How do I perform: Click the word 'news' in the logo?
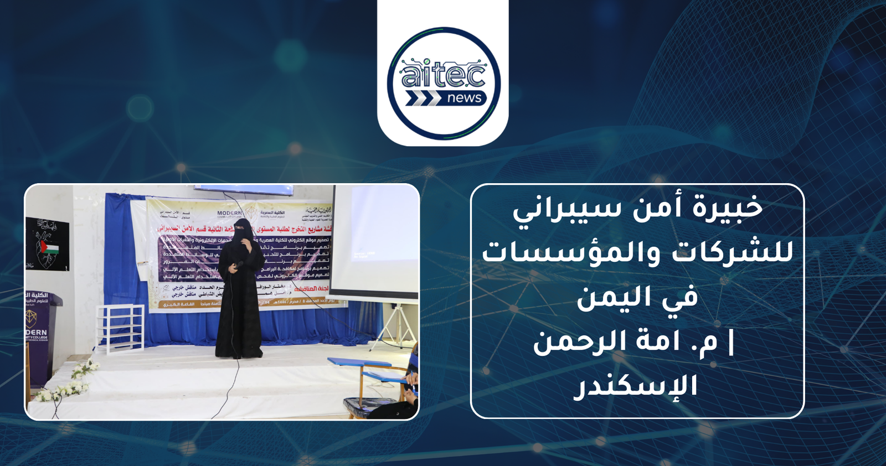coord(464,99)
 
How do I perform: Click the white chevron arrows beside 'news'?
coord(423,99)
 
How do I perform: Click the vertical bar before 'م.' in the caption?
coord(731,341)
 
